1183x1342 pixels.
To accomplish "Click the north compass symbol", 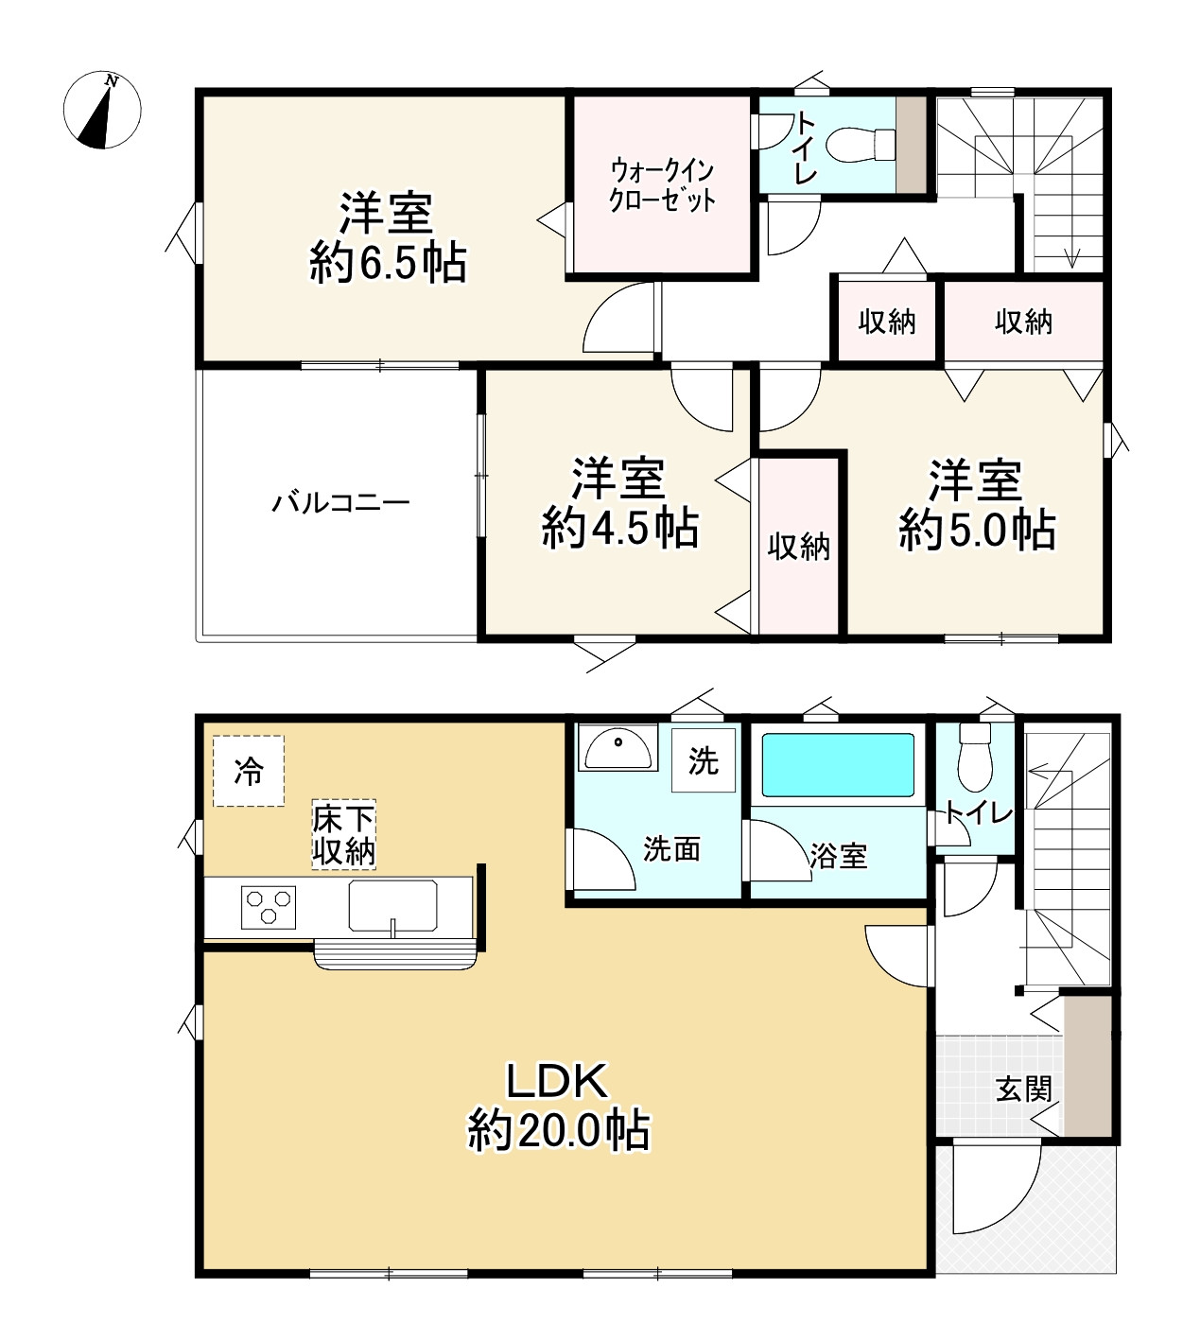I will (102, 110).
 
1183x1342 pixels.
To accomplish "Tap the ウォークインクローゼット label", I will (662, 185).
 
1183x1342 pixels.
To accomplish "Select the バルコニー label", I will (340, 501).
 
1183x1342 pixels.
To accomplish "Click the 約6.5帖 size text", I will (388, 264).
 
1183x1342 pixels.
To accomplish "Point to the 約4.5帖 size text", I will (620, 529).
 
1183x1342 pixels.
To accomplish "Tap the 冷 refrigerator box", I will (249, 772).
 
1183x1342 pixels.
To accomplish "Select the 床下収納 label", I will (344, 835).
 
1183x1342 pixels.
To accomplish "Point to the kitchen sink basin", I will (393, 906).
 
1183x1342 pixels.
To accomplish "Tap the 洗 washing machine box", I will (704, 760).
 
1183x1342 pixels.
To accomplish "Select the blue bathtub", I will (839, 764).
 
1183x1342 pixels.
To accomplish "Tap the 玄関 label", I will (1024, 1089).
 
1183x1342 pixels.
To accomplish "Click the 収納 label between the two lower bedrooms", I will (798, 547).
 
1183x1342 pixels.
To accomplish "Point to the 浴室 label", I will (838, 856).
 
